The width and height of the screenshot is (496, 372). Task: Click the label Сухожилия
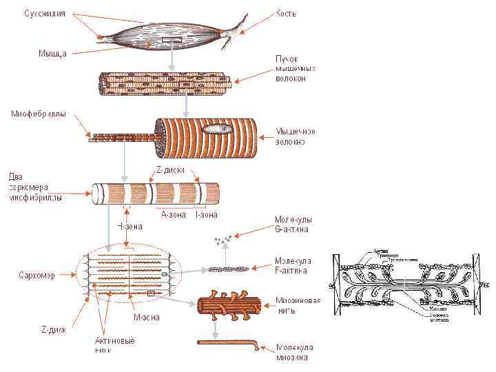coord(45,13)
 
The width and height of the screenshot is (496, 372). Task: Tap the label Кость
coord(286,13)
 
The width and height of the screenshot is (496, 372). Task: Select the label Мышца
coord(52,53)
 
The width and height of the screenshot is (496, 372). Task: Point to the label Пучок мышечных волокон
coord(296,69)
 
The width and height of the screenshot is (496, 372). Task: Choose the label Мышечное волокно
coord(296,136)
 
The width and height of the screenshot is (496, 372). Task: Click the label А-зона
coord(172,214)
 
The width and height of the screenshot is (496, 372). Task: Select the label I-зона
coord(207,214)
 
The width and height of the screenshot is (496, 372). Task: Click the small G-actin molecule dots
coord(223,240)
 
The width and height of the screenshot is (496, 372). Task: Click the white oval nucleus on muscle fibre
coord(216,128)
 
